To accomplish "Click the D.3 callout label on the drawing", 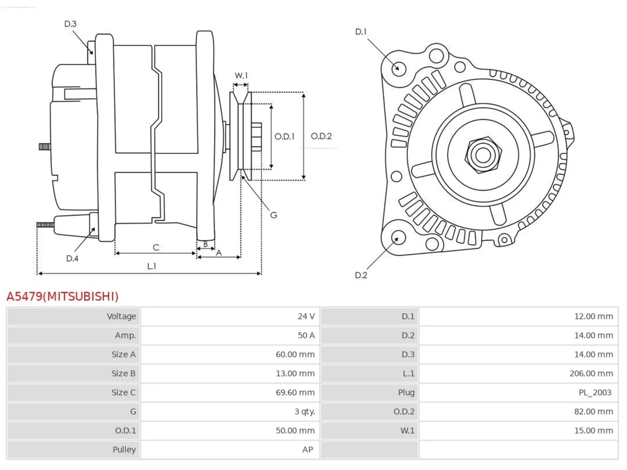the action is [70, 24].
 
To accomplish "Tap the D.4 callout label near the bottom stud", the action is [72, 258].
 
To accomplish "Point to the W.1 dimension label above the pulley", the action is [241, 75].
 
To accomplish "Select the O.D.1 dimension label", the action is [284, 137].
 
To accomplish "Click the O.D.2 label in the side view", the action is [321, 136].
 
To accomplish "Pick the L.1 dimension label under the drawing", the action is [152, 266].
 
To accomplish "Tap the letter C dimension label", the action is [156, 247].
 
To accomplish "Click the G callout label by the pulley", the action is [273, 215].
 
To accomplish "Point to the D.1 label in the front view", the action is [361, 32].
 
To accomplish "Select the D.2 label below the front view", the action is [361, 275].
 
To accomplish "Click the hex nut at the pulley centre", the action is [483, 155].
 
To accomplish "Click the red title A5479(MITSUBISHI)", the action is [63, 297].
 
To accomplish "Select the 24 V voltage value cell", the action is [306, 316].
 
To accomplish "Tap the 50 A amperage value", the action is [306, 335].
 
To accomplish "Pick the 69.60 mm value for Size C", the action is [295, 392].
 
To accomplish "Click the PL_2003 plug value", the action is [595, 393].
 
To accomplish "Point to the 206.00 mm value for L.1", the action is [591, 374].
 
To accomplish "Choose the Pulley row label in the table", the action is [124, 450].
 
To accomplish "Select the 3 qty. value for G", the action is [305, 412].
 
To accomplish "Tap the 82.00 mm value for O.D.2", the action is [594, 412].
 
